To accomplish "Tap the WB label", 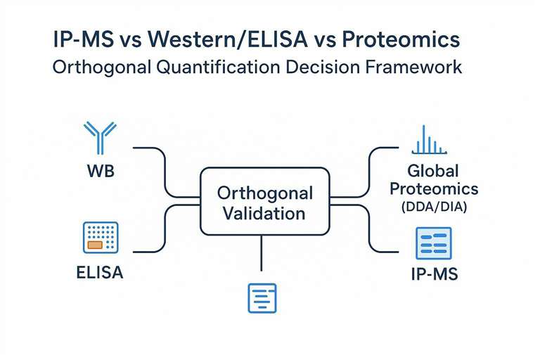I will coord(99,170).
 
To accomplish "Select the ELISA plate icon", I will coord(100,238).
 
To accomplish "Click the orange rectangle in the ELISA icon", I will coord(94,245).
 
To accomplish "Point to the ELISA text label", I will coord(99,272).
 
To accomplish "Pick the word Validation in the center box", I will coord(265,213).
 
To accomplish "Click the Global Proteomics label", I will coord(433,179).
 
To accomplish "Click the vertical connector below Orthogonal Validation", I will coord(262,252).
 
